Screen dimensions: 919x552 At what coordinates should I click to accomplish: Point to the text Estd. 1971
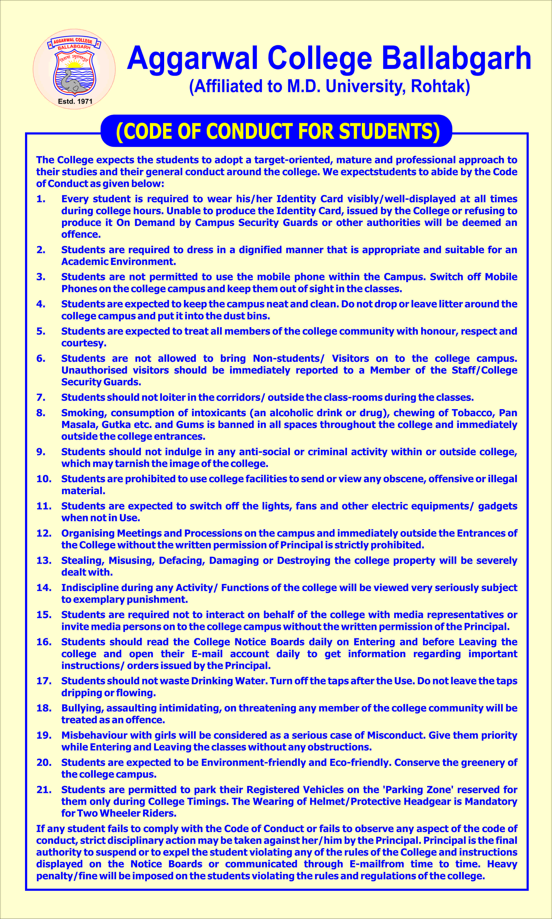click(75, 101)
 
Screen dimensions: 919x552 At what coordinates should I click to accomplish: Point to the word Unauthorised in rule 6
click(94, 370)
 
